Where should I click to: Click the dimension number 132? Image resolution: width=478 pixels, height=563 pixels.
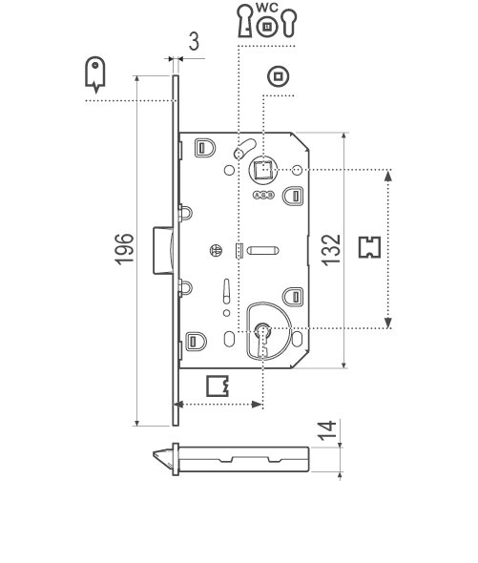point(329,249)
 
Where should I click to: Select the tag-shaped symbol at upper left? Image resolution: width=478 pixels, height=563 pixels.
point(94,73)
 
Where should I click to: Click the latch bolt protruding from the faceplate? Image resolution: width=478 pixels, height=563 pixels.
point(161,247)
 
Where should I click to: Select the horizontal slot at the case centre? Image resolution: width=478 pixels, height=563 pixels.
point(263,251)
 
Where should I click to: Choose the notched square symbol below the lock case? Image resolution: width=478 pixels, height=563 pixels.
point(219,386)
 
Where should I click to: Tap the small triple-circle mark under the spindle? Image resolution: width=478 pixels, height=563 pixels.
point(262,195)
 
